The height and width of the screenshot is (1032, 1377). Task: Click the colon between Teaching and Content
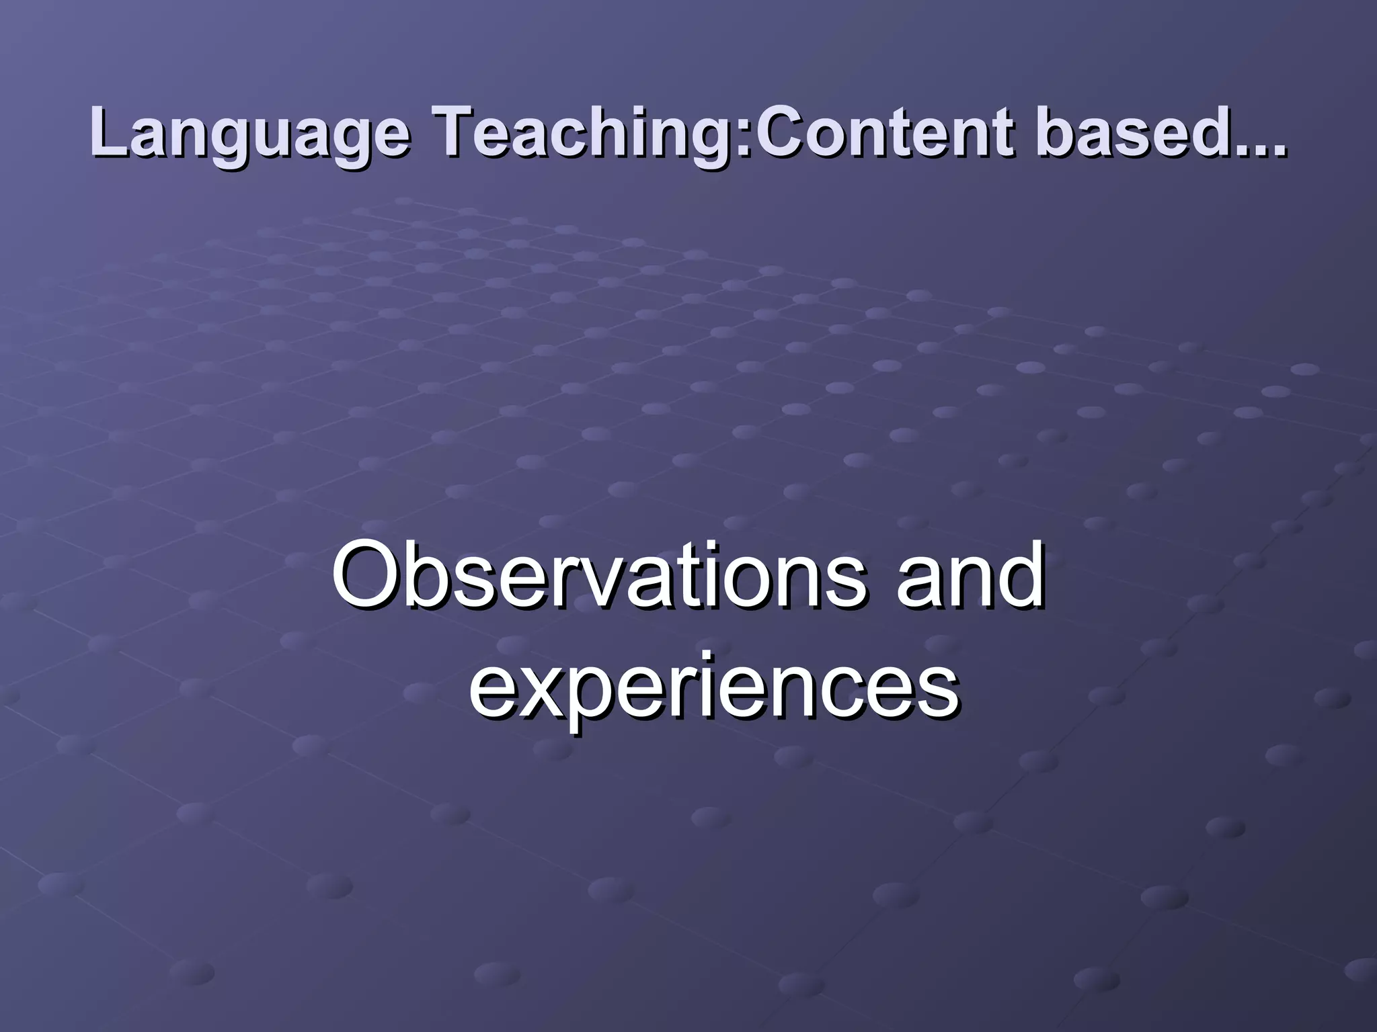(746, 138)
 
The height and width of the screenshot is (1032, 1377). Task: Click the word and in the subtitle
(971, 575)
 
